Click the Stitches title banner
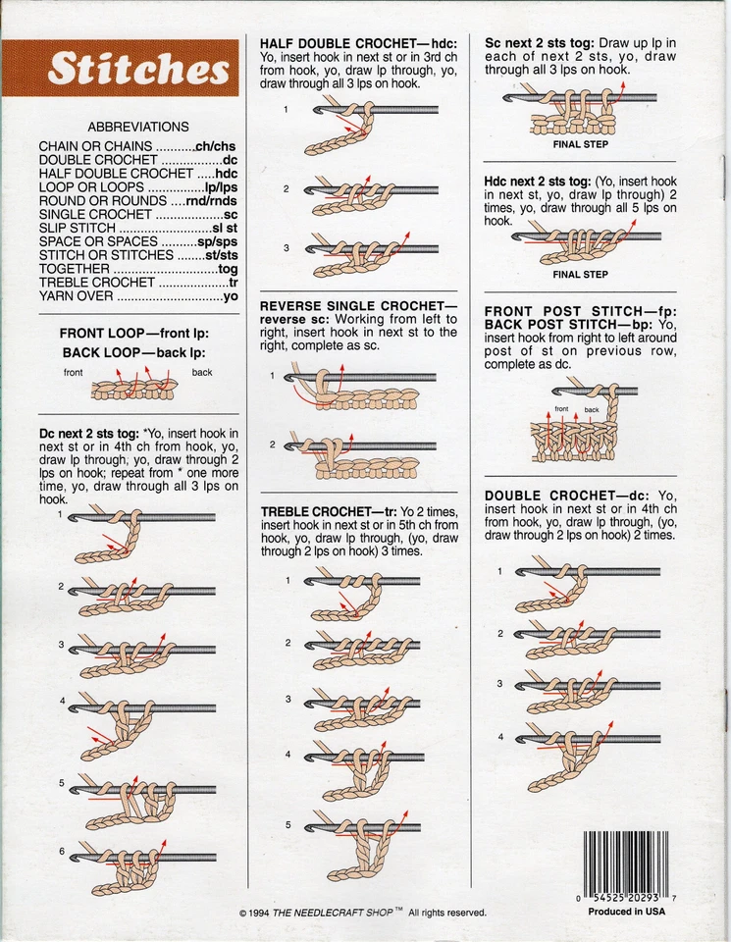click(138, 68)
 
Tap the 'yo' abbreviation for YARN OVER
click(231, 296)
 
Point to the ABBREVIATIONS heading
click(138, 127)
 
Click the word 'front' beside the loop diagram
click(74, 373)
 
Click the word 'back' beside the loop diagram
click(202, 373)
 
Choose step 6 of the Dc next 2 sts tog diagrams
click(61, 851)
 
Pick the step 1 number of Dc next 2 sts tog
click(61, 513)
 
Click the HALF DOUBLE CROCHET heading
click(358, 44)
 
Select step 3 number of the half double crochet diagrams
click(287, 247)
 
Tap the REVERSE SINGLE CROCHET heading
click(358, 306)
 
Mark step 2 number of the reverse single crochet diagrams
click(273, 445)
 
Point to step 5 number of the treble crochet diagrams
click(287, 825)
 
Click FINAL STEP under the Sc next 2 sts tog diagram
click(581, 144)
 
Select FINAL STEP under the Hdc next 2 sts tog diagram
click(581, 275)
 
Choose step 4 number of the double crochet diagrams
click(499, 737)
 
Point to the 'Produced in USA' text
click(627, 912)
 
